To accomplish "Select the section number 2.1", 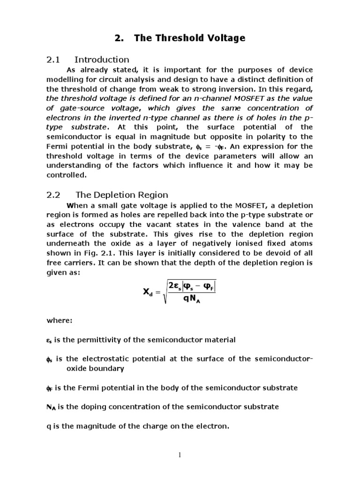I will coord(56,60).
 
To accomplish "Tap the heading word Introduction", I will coord(102,60).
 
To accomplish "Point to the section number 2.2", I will coord(56,195).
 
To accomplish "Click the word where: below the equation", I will coord(59,321).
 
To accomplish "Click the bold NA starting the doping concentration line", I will coord(51,407).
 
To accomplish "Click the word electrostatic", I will coord(109,359).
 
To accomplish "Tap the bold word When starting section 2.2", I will coord(77,206).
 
